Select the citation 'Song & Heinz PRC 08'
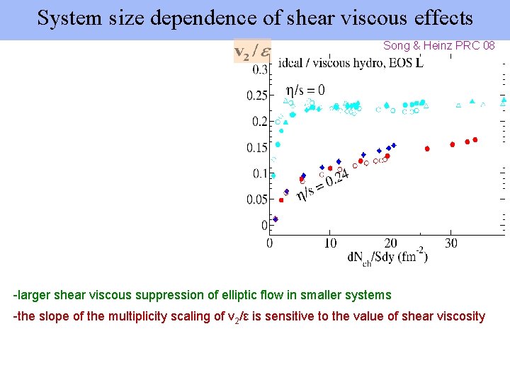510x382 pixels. pyautogui.click(x=439, y=45)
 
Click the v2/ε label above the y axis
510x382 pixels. pyautogui.click(x=252, y=52)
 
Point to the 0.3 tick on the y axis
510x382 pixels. pyautogui.click(x=259, y=70)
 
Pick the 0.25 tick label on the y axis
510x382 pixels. pyautogui.click(x=256, y=95)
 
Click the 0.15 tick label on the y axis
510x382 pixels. pyautogui.click(x=256, y=148)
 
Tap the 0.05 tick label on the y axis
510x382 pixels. pyautogui.click(x=256, y=200)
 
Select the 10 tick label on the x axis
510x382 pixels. pyautogui.click(x=330, y=243)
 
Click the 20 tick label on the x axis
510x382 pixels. pyautogui.click(x=390, y=243)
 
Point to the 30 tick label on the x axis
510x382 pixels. pyautogui.click(x=451, y=243)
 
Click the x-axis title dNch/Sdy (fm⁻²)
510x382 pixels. pyautogui.click(x=387, y=257)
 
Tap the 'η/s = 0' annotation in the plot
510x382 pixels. pyautogui.click(x=305, y=90)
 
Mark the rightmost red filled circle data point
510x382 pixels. pyautogui.click(x=475, y=140)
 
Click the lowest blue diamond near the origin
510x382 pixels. pyautogui.click(x=276, y=219)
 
